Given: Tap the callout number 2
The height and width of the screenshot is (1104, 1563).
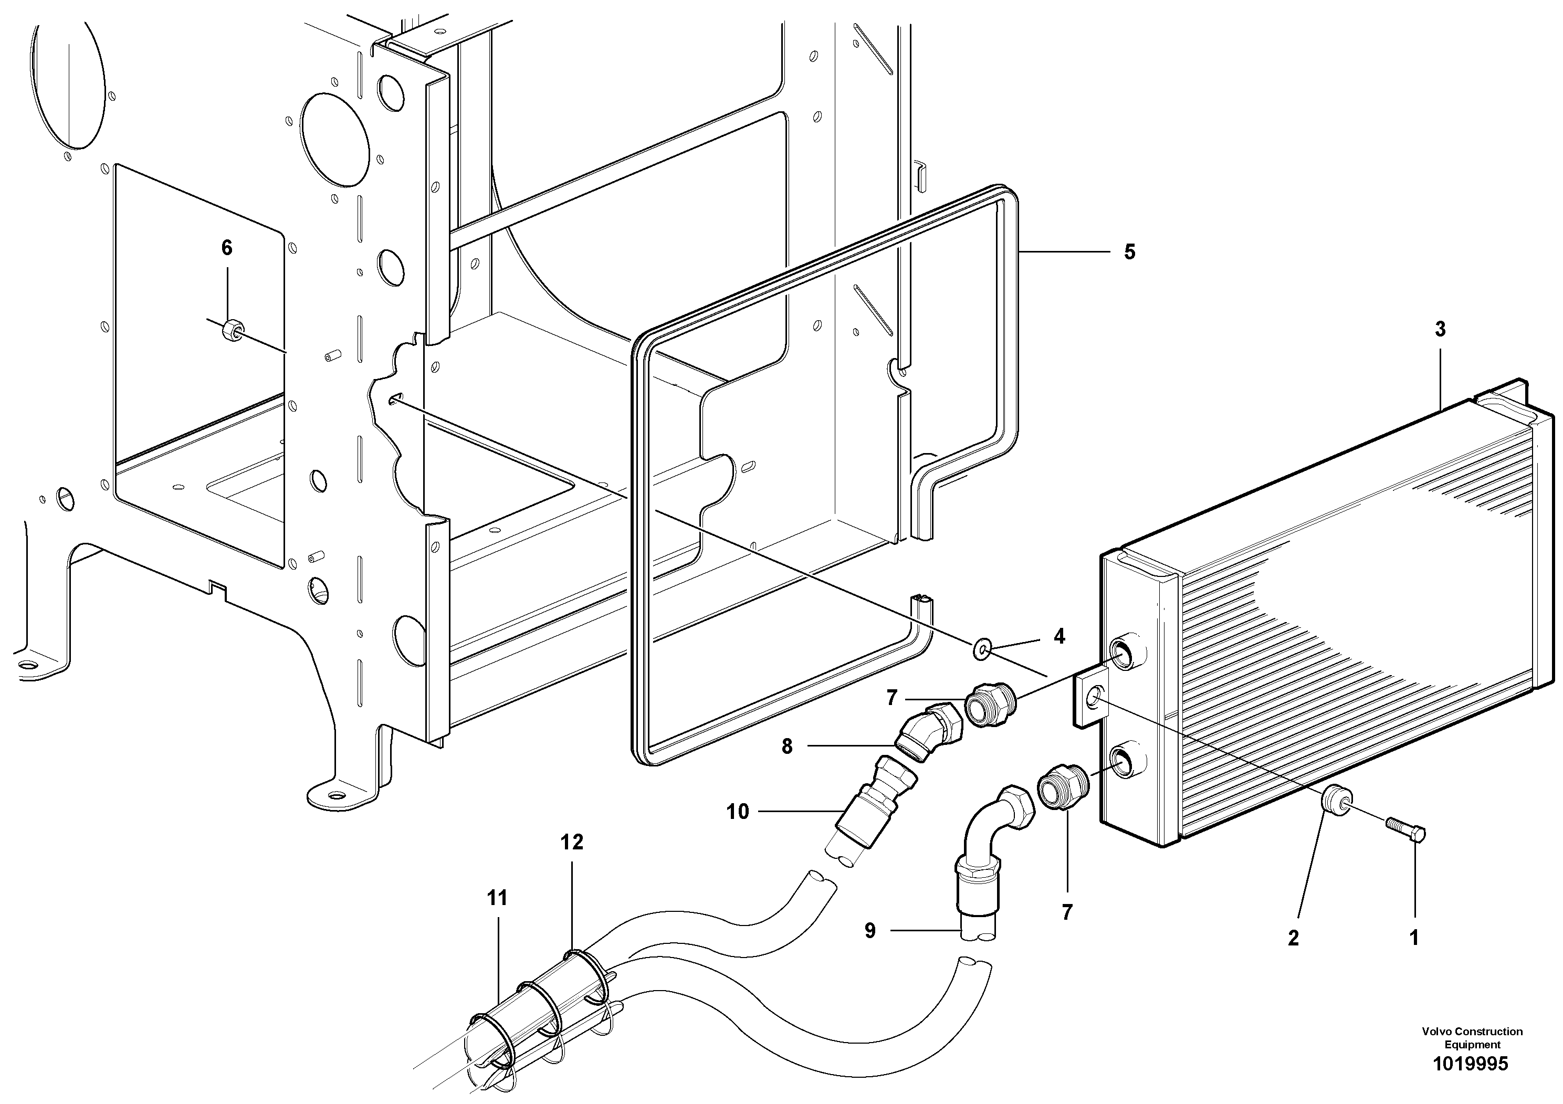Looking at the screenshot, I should click(1294, 938).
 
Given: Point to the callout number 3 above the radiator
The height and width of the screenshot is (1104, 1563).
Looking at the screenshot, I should click(1440, 330).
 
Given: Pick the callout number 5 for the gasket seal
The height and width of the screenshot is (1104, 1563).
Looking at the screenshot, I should click(1129, 253).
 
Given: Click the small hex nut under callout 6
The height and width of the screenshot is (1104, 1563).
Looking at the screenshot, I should click(231, 330).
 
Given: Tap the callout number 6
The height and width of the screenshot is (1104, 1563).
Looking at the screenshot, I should click(227, 248).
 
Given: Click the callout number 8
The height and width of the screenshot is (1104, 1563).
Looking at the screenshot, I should click(787, 746).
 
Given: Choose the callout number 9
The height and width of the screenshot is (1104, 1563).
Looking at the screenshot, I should click(870, 930).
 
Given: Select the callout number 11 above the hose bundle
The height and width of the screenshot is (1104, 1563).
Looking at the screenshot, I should click(498, 898).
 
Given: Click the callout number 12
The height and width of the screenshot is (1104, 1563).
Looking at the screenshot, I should click(572, 842).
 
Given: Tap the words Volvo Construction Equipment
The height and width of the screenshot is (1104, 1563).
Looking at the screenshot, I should click(1472, 1038).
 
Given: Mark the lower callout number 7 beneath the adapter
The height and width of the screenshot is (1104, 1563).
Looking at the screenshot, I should click(1067, 912).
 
